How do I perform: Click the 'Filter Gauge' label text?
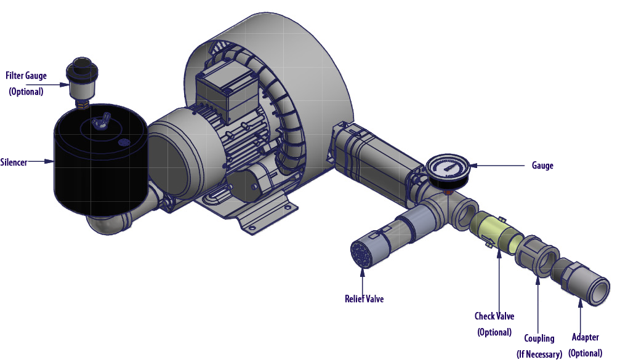[26, 76]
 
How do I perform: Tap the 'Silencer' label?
[14, 162]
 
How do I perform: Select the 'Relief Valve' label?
[364, 298]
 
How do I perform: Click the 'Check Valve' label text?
[494, 316]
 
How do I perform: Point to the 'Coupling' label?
[539, 338]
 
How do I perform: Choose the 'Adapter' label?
[585, 337]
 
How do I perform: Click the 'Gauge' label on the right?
[542, 166]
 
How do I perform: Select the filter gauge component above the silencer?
[82, 81]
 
